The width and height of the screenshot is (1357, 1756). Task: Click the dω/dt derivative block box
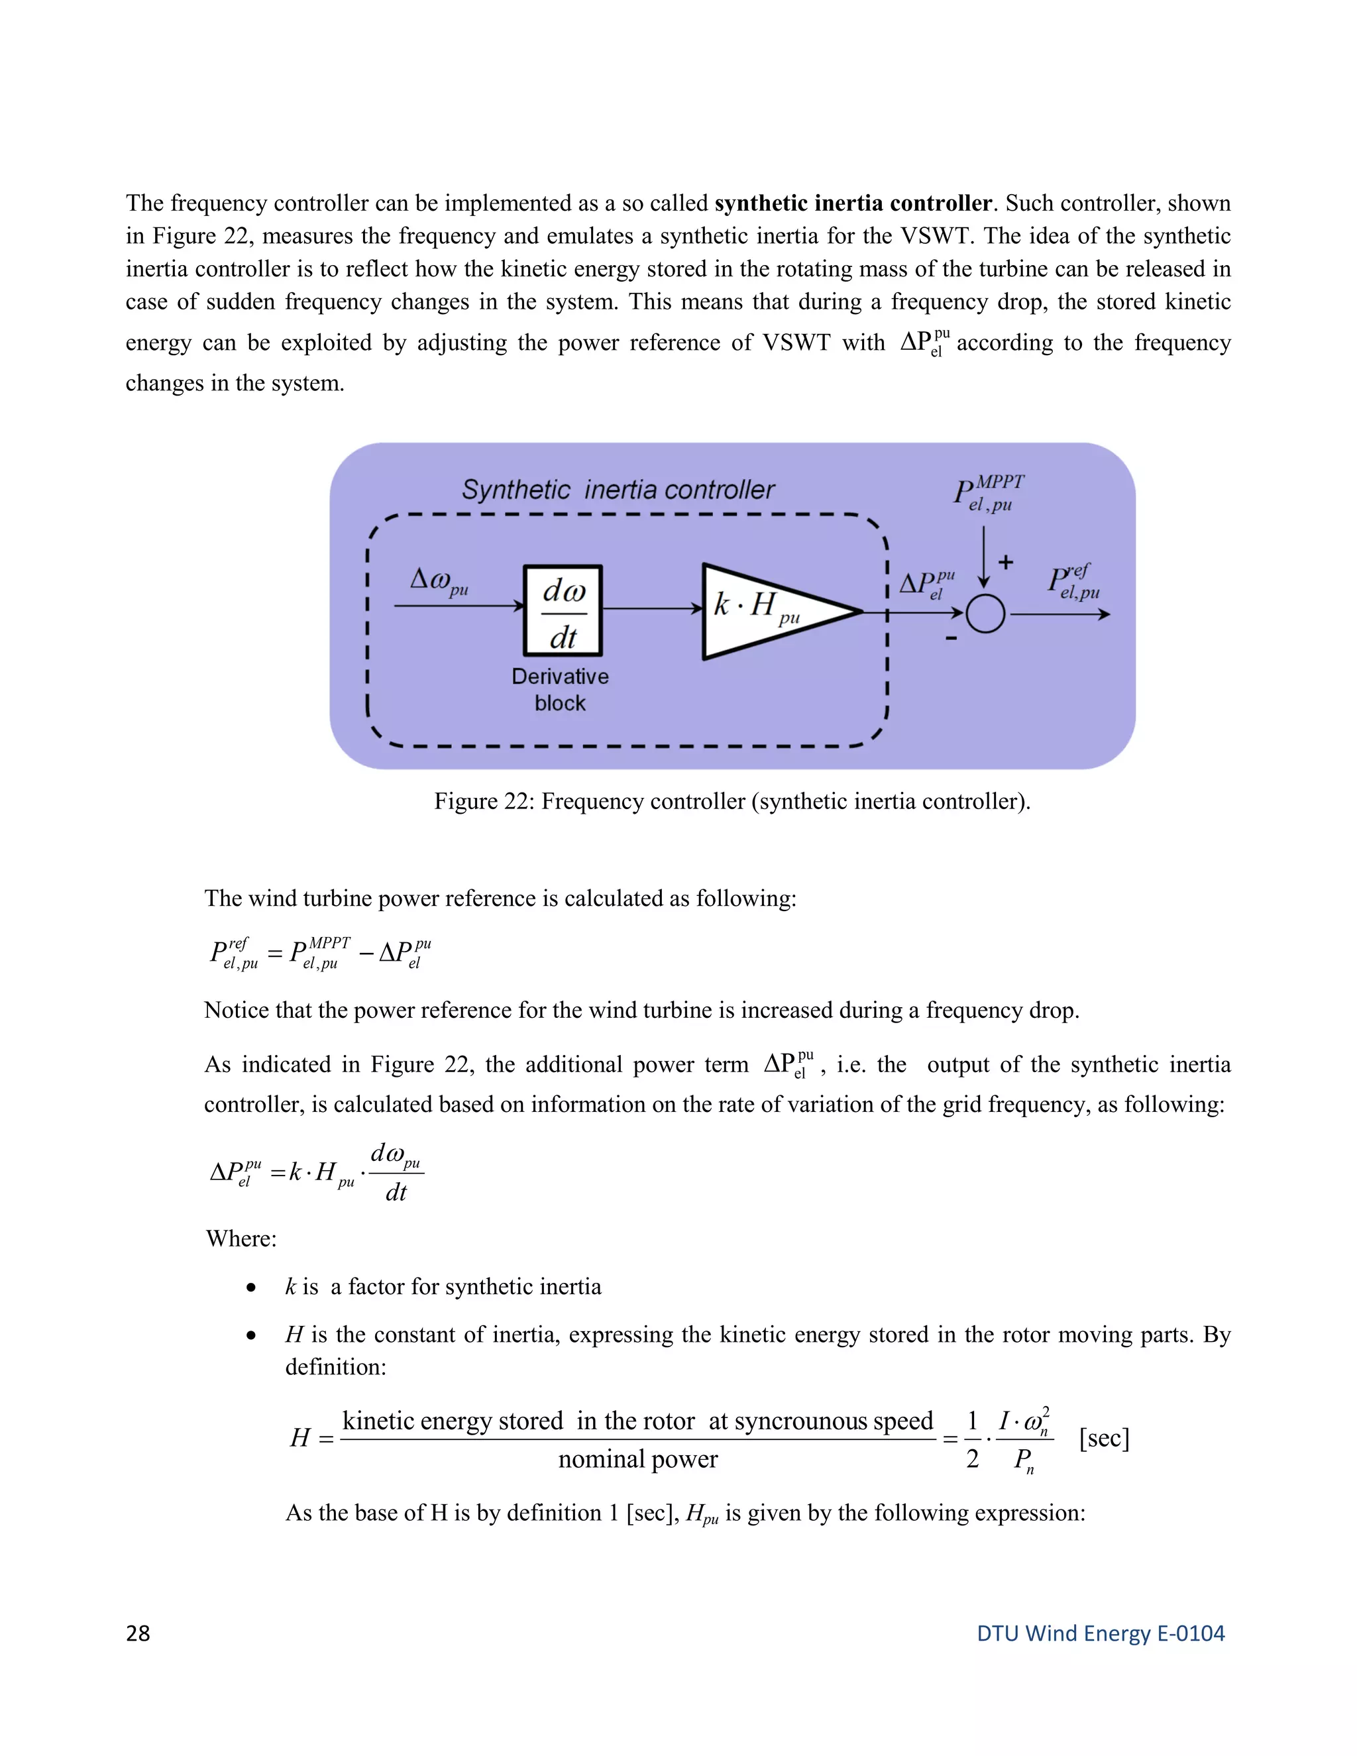[x=563, y=611]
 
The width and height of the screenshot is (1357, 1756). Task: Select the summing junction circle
[x=985, y=614]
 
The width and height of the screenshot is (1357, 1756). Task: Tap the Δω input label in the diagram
[x=439, y=580]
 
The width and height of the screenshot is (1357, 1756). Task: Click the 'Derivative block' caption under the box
[x=561, y=690]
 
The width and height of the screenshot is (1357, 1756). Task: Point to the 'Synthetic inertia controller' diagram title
[x=618, y=490]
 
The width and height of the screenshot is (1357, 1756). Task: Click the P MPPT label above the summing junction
[x=989, y=494]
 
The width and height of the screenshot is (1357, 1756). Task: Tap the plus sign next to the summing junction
[x=1006, y=562]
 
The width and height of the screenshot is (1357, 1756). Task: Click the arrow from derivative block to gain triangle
[x=651, y=609]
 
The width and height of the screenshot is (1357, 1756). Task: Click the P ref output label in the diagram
[x=1073, y=582]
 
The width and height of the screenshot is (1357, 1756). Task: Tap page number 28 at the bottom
[x=138, y=1633]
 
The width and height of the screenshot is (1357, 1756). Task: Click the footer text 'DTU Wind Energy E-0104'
[x=1100, y=1633]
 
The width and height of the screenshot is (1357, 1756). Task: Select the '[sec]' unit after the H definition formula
[x=1104, y=1438]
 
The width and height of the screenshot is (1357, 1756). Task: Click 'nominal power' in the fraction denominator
[x=637, y=1459]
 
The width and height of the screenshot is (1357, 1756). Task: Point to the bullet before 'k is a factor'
[x=252, y=1288]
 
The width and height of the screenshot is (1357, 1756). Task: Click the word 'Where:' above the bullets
[x=241, y=1238]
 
